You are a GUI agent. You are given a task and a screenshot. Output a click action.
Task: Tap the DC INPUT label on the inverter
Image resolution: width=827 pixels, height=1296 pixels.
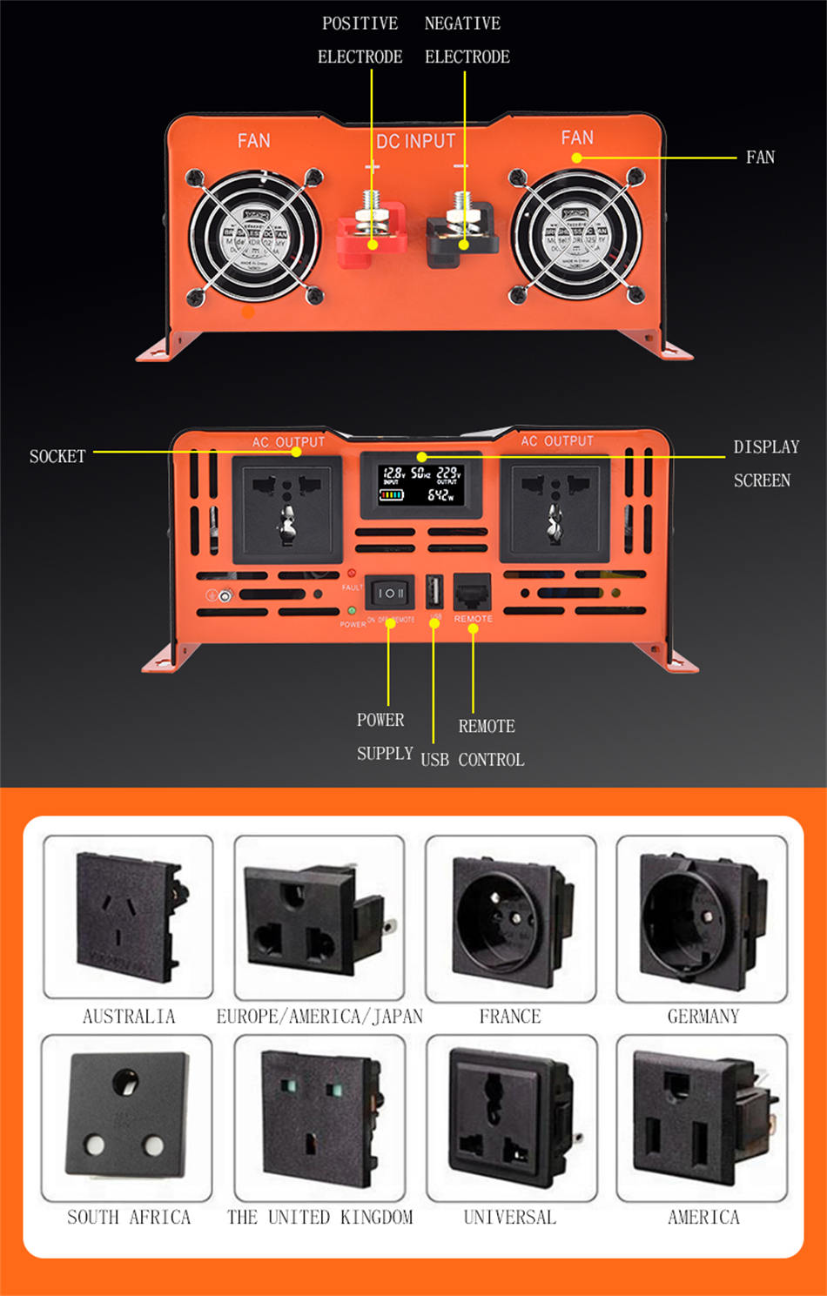415,141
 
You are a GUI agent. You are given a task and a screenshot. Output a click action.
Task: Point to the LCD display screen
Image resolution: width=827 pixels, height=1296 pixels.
421,484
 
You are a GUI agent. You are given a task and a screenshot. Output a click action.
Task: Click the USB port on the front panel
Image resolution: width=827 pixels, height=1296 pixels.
434,592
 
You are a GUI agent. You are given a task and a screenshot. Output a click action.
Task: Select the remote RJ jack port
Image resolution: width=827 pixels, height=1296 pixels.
472,592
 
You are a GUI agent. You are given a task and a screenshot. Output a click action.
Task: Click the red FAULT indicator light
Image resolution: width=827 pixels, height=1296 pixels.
352,574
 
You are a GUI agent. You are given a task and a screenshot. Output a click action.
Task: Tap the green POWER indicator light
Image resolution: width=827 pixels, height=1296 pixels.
352,610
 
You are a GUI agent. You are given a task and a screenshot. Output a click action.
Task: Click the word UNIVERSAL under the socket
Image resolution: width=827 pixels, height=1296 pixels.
509,1217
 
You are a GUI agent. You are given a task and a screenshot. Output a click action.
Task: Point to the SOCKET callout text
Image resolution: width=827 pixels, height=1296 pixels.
57,456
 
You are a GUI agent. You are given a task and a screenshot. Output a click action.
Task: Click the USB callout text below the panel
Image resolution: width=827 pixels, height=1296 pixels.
434,760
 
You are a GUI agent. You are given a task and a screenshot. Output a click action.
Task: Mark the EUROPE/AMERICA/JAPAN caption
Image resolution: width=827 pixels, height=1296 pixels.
319,1017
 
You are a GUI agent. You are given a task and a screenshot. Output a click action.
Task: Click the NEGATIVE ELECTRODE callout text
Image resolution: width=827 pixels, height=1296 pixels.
466,40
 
